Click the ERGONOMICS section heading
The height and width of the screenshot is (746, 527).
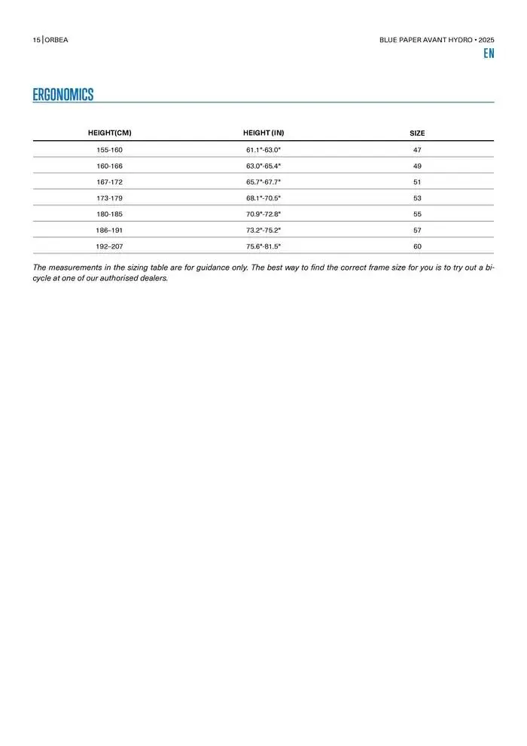[63, 94]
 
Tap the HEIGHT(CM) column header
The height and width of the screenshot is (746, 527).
[110, 133]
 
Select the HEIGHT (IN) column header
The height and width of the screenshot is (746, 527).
[263, 133]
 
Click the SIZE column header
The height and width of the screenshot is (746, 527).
[417, 133]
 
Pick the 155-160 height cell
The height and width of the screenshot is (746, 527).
[110, 150]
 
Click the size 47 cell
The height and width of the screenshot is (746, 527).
[417, 150]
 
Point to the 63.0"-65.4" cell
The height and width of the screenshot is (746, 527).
[263, 166]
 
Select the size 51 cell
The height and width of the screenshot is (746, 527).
[417, 182]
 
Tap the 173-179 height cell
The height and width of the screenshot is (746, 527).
[110, 198]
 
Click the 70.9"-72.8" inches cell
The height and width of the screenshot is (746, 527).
[263, 214]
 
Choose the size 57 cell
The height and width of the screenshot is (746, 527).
[417, 230]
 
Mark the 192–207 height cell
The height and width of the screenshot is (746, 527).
[110, 246]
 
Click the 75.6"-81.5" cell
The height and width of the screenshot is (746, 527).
[263, 246]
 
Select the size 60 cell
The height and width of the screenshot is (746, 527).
[417, 246]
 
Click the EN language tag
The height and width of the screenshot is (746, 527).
[489, 54]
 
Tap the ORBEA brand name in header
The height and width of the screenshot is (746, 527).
[56, 39]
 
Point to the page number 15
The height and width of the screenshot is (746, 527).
[36, 39]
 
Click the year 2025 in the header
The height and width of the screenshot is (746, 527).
[486, 39]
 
